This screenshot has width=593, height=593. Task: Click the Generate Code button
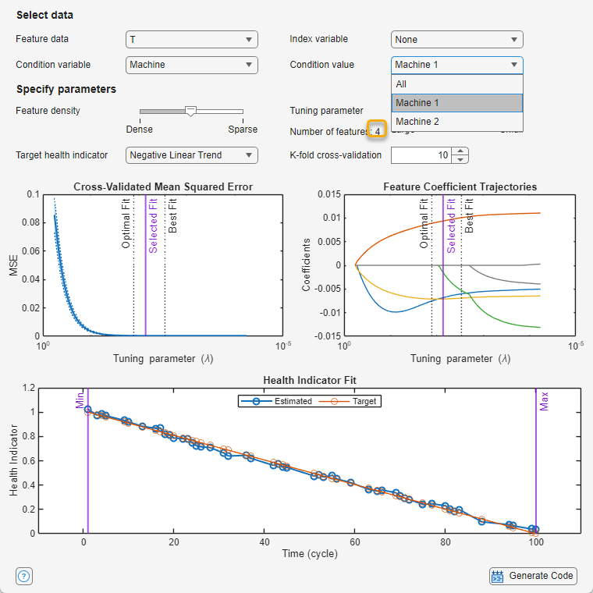tap(533, 577)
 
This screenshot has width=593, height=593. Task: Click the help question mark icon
tap(23, 577)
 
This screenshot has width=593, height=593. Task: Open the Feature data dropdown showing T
tap(191, 39)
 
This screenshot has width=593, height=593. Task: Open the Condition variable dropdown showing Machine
tap(191, 65)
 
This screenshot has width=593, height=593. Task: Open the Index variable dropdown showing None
tap(456, 39)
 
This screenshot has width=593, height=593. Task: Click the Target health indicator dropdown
tap(191, 155)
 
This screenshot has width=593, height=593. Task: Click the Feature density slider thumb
tap(190, 112)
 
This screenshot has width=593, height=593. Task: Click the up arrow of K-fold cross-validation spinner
tap(460, 151)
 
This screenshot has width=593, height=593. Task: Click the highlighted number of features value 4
tap(378, 131)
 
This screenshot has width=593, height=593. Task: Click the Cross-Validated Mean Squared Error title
tap(162, 186)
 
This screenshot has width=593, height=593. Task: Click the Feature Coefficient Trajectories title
tap(460, 186)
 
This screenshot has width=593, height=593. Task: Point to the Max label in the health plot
tap(545, 401)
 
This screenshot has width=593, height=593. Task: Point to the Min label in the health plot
tap(79, 401)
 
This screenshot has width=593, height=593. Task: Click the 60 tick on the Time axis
tap(355, 542)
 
